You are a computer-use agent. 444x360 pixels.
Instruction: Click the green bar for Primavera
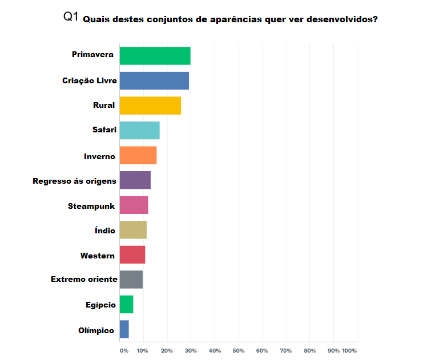[x=155, y=56]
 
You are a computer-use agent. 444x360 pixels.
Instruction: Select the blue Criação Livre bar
[x=154, y=80]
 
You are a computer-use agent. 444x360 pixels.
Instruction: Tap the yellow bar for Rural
[x=150, y=106]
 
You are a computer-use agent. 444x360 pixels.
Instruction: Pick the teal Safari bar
[x=139, y=131]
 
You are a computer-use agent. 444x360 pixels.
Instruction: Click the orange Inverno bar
[x=138, y=155]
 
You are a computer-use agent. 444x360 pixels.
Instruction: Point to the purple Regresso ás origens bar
[x=135, y=180]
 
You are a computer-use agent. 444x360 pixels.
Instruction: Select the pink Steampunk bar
[x=134, y=205]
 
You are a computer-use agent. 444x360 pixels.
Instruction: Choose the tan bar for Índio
[x=133, y=230]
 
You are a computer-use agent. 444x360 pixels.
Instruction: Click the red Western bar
[x=132, y=254]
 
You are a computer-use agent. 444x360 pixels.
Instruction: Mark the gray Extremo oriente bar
[x=131, y=280]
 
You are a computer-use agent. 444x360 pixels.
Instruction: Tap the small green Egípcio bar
[x=126, y=305]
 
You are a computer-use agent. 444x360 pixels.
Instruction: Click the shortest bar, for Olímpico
[x=124, y=329]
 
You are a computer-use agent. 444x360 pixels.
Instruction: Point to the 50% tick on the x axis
[x=239, y=350]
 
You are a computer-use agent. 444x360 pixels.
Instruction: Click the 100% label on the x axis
[x=349, y=350]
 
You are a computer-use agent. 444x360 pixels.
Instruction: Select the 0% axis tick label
[x=124, y=350]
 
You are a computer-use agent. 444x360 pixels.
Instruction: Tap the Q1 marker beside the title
[x=71, y=17]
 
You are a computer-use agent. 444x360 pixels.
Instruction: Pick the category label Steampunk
[x=91, y=205]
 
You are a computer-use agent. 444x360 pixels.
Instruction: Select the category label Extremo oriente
[x=84, y=280]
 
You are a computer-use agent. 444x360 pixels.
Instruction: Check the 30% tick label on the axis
[x=191, y=350]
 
